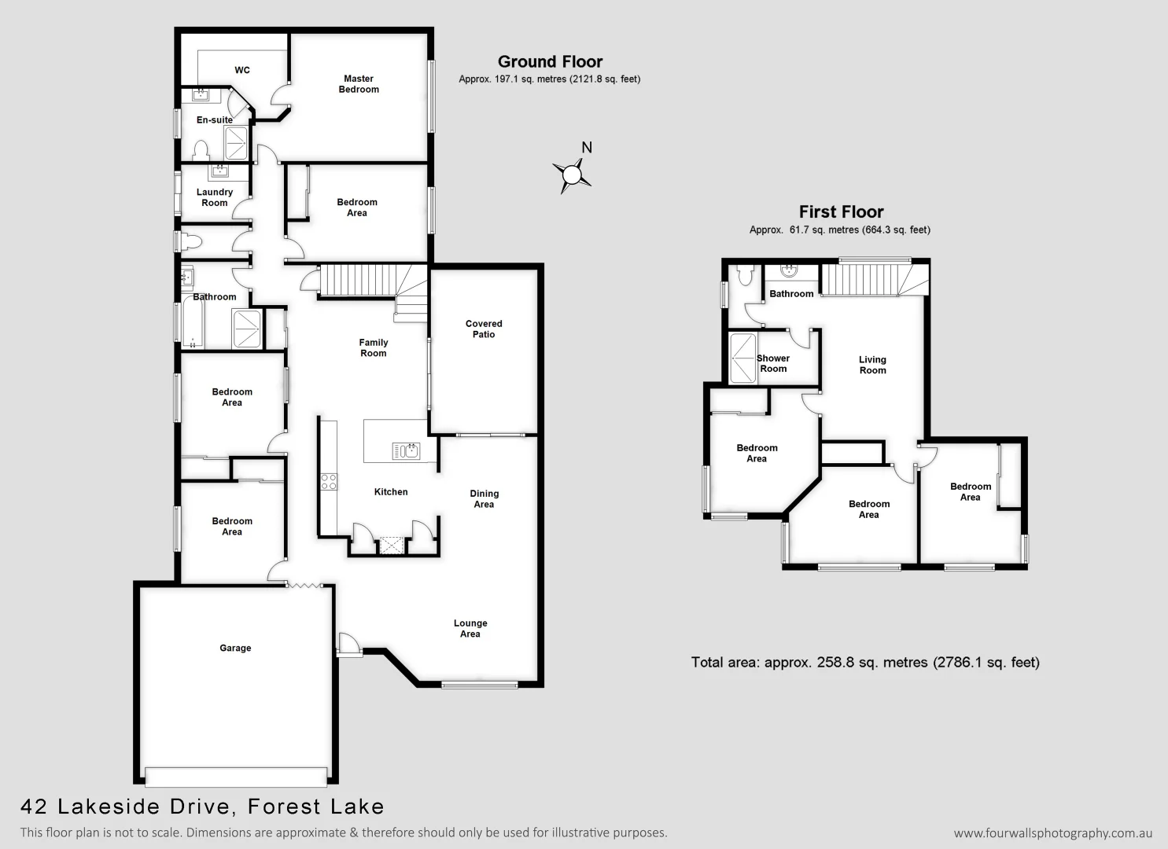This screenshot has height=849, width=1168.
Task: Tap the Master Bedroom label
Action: coord(359,84)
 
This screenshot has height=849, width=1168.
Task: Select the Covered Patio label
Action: coord(484,329)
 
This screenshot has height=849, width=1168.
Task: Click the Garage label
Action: coord(235,649)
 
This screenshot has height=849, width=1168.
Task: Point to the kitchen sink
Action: coord(406,451)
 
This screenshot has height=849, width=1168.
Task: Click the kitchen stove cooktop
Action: coord(329,482)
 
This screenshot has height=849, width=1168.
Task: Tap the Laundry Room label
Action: coord(214,197)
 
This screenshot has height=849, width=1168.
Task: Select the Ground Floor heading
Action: coord(550,62)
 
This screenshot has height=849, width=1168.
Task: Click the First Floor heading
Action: coord(841,212)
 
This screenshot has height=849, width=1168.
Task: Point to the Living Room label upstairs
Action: coord(872,365)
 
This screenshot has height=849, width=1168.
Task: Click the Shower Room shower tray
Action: coord(742,358)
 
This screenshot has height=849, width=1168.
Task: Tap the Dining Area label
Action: coord(484,499)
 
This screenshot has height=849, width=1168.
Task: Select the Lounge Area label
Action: coord(470,629)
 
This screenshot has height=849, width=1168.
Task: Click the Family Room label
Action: coord(374,347)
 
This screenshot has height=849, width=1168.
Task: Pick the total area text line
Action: coord(865,663)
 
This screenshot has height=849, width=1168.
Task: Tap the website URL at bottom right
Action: coord(1053,833)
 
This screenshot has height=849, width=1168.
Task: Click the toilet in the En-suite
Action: coord(201,149)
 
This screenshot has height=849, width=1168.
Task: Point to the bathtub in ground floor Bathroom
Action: coord(193,322)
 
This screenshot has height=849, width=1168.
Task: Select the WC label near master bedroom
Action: coord(242,71)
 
